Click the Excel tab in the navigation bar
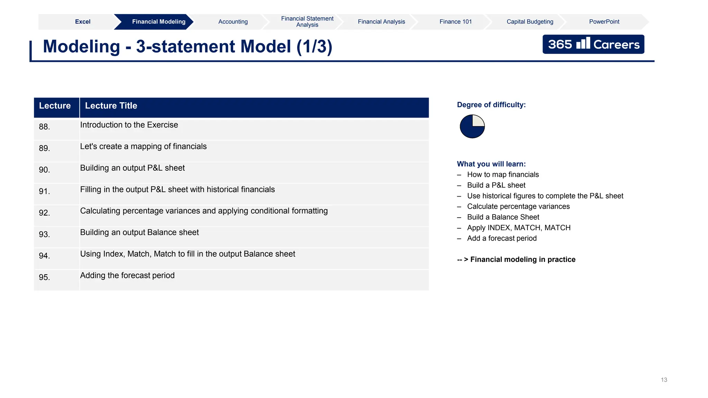[x=83, y=22]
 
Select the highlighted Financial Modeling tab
[x=159, y=22]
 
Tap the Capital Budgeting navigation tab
[x=530, y=22]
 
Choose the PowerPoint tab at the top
[x=604, y=22]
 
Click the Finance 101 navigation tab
[x=455, y=22]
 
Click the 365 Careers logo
[x=593, y=44]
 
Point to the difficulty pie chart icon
[x=472, y=126]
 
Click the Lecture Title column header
[x=111, y=106]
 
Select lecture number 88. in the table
[x=44, y=127]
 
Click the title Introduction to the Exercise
[x=129, y=125]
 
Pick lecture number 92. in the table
[x=44, y=213]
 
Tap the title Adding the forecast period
[x=127, y=276]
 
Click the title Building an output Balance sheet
[x=139, y=233]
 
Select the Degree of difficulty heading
[x=491, y=105]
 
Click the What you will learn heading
[x=491, y=164]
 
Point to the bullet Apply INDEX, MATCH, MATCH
[x=519, y=228]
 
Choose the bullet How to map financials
[x=503, y=175]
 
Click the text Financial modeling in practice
[x=523, y=260]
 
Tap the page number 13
[x=664, y=380]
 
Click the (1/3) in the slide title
[x=314, y=47]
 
